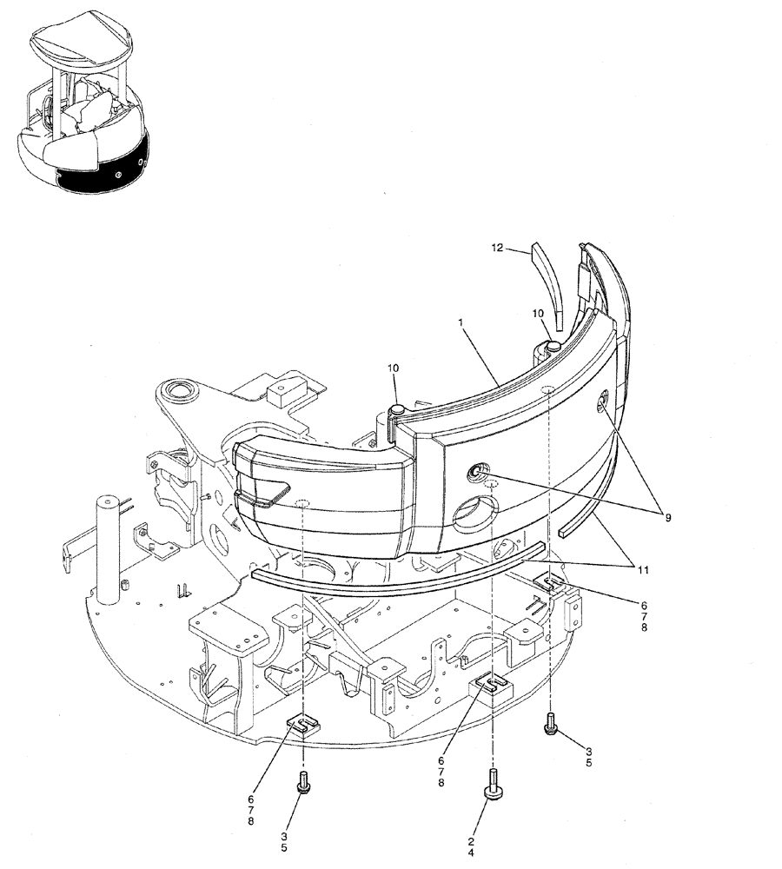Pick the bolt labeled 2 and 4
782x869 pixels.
pyautogui.click(x=493, y=786)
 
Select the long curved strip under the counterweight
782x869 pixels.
pyautogui.click(x=391, y=569)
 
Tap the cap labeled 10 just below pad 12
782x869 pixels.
pyautogui.click(x=553, y=347)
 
